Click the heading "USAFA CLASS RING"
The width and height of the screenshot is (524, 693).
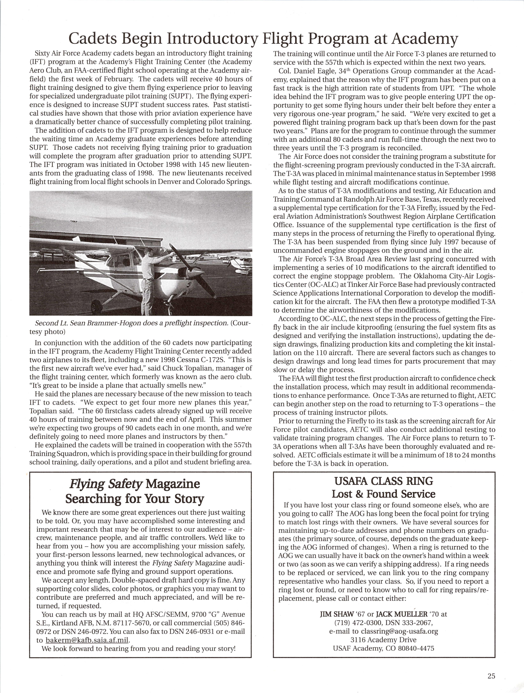(384, 481)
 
